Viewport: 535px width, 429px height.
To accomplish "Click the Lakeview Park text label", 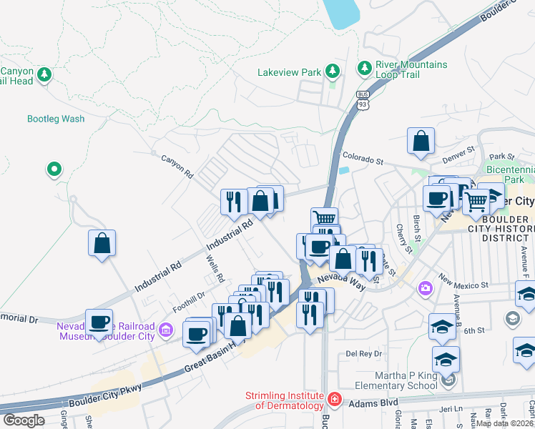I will pyautogui.click(x=289, y=72).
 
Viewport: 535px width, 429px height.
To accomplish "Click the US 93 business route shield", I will pyautogui.click(x=363, y=100).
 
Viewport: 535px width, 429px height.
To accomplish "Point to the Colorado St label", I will pyautogui.click(x=363, y=155).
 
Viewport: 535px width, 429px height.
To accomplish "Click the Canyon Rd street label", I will pyautogui.click(x=177, y=167).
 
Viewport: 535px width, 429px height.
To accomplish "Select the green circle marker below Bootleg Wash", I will pyautogui.click(x=54, y=169).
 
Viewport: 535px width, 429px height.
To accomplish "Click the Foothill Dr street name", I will pyautogui.click(x=188, y=302).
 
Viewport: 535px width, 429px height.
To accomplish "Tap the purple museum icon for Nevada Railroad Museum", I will pyautogui.click(x=166, y=330).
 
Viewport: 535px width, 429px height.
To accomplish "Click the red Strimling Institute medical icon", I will pyautogui.click(x=334, y=398).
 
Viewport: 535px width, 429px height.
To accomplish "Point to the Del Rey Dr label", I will pyautogui.click(x=364, y=353).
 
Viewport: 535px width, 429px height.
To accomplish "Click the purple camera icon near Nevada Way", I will pyautogui.click(x=426, y=287).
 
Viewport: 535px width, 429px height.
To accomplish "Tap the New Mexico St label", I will pyautogui.click(x=463, y=280).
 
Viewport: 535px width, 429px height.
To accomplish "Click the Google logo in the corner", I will pyautogui.click(x=24, y=420).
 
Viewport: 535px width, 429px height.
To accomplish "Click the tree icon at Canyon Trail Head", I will pyautogui.click(x=44, y=74).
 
